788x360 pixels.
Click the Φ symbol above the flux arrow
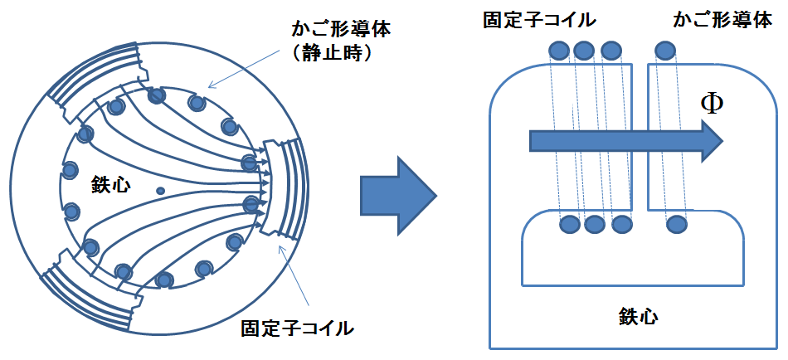coord(712,105)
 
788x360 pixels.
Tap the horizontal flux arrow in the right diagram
coord(626,139)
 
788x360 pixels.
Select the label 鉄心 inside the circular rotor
coord(110,185)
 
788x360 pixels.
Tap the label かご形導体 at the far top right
coord(722,20)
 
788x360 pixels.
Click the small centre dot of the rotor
coord(161,191)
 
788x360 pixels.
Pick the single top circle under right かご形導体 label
coord(665,51)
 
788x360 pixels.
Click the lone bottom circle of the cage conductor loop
coord(676,223)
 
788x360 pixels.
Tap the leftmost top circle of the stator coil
coord(558,51)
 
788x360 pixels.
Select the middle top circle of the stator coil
coord(584,51)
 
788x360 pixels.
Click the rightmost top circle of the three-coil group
coord(611,51)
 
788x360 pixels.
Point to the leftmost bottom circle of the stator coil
coord(571,223)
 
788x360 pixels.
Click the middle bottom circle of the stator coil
coord(595,223)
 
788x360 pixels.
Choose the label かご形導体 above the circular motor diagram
coord(341,30)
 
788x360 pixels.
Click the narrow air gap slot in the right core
coord(640,137)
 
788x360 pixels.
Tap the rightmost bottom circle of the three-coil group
coord(621,223)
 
